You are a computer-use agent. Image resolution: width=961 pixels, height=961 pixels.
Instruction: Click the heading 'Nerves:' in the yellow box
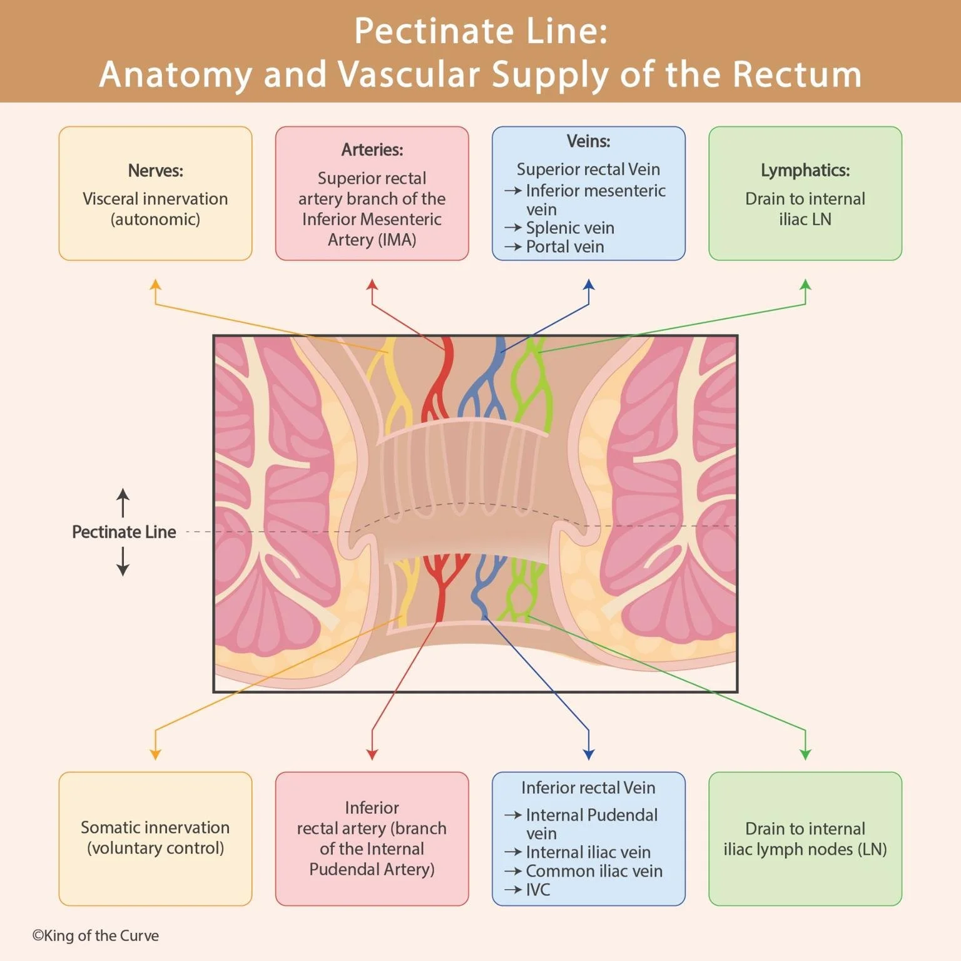[155, 171]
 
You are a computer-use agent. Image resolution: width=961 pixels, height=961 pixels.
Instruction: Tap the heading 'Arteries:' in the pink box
[372, 150]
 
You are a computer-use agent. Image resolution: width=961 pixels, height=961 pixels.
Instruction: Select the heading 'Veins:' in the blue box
[588, 141]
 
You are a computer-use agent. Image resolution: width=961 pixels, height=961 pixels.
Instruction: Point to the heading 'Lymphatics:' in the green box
[805, 170]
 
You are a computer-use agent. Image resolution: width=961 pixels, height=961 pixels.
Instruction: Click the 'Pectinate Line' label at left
[124, 532]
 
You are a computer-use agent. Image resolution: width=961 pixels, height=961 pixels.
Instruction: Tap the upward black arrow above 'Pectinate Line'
[123, 502]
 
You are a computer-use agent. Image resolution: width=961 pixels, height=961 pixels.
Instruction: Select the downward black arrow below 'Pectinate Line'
[123, 562]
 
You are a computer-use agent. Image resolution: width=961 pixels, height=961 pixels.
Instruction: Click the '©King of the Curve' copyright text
[96, 936]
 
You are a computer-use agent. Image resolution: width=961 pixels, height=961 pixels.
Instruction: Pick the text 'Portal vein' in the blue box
[564, 247]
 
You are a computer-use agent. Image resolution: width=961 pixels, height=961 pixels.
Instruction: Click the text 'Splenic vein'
[569, 228]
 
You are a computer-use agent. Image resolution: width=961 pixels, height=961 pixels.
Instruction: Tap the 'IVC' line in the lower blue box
[537, 890]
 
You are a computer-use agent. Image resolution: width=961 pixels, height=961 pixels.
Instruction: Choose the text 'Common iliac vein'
[593, 871]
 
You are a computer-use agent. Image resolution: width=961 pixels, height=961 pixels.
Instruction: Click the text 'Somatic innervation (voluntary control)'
[155, 838]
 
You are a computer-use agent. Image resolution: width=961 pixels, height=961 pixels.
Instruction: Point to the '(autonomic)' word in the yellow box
[155, 220]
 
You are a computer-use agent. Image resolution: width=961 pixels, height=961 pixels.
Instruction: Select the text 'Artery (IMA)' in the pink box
[372, 240]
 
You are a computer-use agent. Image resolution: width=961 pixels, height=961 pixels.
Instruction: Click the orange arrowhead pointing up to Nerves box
[155, 285]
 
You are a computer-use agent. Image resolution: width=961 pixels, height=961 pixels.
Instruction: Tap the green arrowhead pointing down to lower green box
[805, 754]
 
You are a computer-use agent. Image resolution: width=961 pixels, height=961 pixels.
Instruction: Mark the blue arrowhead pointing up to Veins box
[588, 285]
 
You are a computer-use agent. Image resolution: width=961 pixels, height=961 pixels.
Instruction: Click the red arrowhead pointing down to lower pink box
[372, 754]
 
